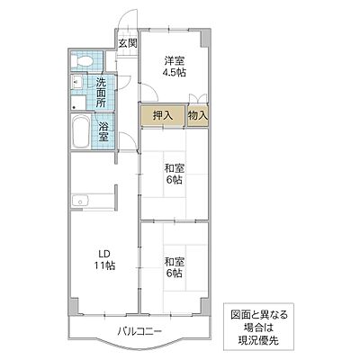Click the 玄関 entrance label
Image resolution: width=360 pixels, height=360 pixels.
click(126, 43)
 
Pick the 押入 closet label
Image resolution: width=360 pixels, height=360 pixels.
click(163, 115)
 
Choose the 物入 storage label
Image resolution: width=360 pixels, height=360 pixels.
click(198, 115)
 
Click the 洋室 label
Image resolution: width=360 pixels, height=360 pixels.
click(174, 60)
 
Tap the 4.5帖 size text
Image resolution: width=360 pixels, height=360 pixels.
click(174, 73)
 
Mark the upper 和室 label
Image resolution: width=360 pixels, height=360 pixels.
click(174, 166)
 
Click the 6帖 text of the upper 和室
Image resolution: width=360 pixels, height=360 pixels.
click(174, 179)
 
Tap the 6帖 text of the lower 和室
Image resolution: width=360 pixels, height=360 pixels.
click(174, 276)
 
